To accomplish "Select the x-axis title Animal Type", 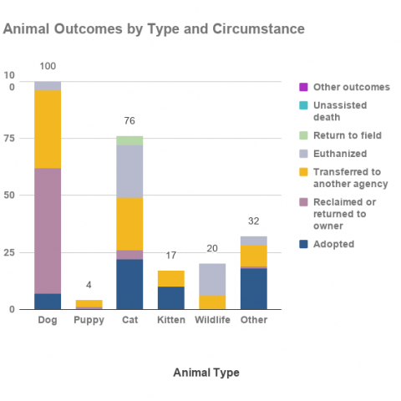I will point(206,373).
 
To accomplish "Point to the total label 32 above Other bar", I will point(254,221).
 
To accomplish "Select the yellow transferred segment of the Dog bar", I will point(48,129).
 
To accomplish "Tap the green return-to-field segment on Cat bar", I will point(129,140).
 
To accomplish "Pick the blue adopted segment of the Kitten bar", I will point(171,298).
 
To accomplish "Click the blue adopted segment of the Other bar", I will point(254,289).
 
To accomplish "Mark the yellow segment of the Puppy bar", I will point(89,303).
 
